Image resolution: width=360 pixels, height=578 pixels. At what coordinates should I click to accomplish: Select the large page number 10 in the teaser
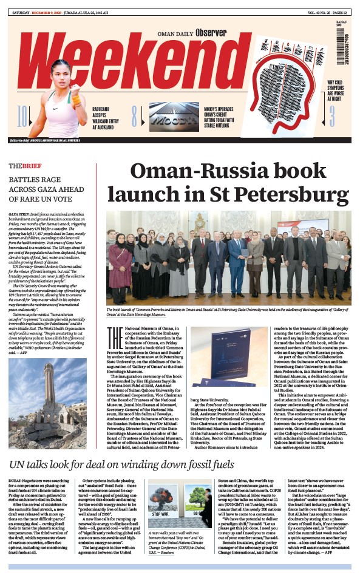coord(22,116)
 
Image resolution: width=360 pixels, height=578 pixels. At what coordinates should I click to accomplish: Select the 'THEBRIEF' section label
coord(25,166)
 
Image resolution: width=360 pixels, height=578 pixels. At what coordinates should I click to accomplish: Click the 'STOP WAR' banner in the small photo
coord(160,513)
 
